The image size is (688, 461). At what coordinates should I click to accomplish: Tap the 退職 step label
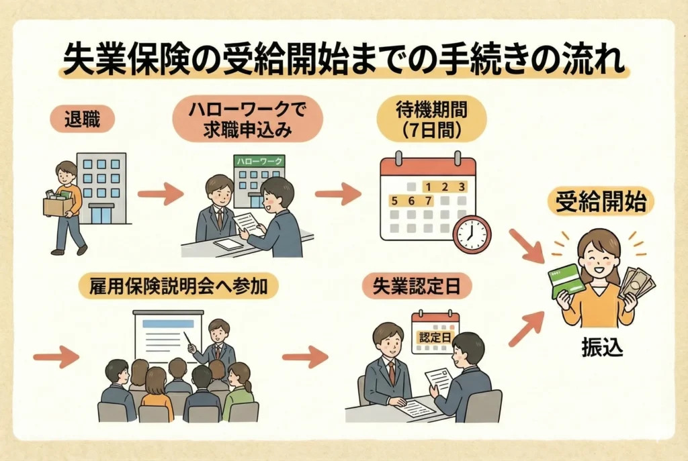click(x=81, y=121)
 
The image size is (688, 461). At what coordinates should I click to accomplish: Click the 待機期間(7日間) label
click(x=431, y=120)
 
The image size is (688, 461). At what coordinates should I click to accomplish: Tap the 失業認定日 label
click(x=417, y=286)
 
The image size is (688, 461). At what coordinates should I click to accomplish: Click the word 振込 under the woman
click(x=597, y=349)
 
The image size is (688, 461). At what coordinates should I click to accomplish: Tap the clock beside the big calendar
click(x=472, y=234)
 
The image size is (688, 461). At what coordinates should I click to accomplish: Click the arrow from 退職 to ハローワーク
click(x=160, y=195)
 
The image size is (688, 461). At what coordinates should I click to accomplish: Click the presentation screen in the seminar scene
click(x=168, y=335)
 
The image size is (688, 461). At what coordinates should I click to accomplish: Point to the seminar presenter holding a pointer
click(x=216, y=343)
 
